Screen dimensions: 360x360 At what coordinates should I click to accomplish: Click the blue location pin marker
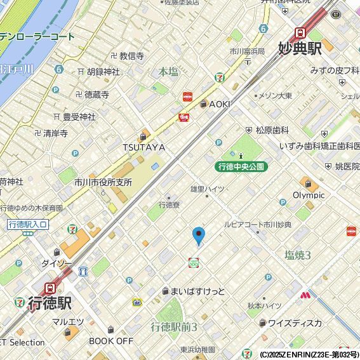point(199,236)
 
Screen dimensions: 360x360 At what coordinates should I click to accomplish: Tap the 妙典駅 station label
point(300,48)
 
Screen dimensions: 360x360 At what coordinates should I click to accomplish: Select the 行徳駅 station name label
point(49,302)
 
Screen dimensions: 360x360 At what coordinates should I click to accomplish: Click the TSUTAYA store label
point(144,147)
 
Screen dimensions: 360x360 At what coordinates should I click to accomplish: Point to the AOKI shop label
point(219,104)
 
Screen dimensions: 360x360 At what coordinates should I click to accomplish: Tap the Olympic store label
point(309,195)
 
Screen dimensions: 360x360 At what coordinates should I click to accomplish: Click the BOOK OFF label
point(111,340)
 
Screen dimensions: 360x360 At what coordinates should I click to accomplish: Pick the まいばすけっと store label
point(197,291)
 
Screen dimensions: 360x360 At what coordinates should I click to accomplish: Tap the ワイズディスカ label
point(294,323)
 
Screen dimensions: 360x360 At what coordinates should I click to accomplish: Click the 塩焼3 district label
point(297,255)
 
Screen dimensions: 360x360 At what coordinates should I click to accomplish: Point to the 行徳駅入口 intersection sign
point(28,224)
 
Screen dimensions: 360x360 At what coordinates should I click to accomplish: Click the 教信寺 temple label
point(131,56)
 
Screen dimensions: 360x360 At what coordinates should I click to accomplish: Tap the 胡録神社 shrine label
point(103,72)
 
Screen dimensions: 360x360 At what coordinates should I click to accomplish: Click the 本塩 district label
point(168,72)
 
